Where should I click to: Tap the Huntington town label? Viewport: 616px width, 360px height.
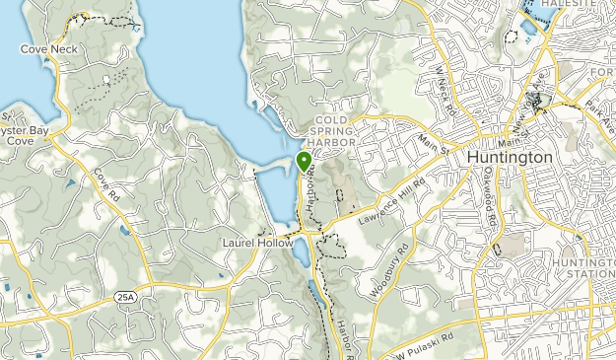click(510, 156)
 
